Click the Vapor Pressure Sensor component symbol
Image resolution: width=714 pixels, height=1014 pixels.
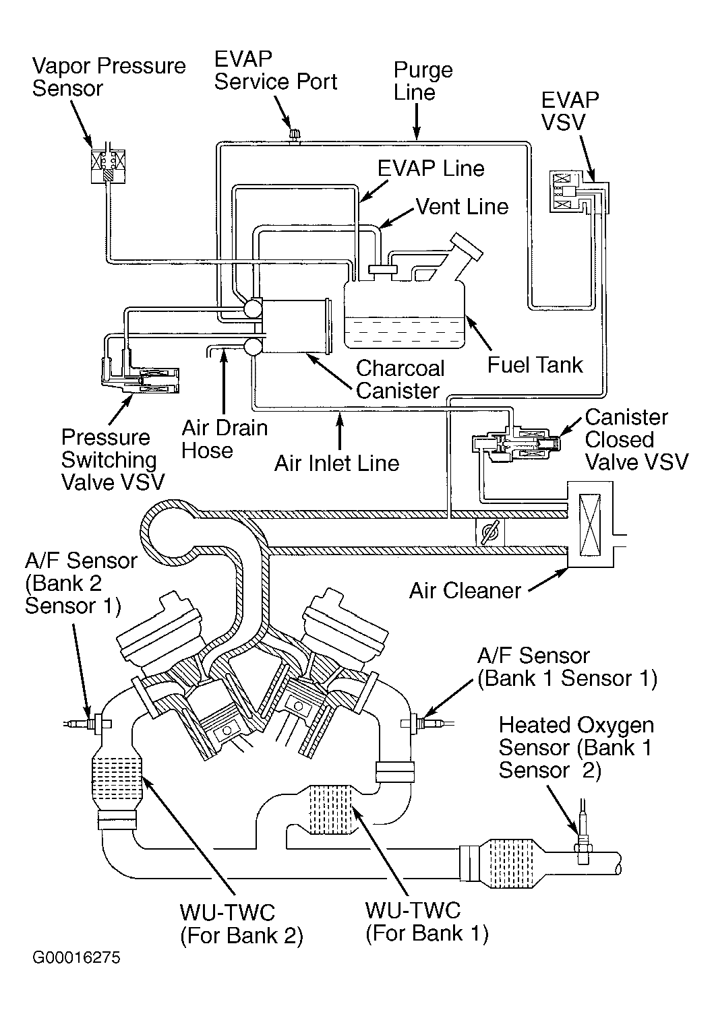(x=108, y=165)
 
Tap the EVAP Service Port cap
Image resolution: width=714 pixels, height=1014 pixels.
(x=295, y=135)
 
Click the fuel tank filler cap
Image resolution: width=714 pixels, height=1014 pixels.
(x=467, y=247)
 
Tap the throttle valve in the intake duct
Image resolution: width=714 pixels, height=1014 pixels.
(x=490, y=532)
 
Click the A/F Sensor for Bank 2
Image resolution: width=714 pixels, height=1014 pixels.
(x=88, y=724)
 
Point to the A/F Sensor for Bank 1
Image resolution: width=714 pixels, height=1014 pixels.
(x=427, y=724)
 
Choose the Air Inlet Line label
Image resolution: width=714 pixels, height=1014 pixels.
(x=336, y=463)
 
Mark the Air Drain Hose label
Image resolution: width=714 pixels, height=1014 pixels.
(x=225, y=439)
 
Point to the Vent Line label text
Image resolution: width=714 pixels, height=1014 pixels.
(x=462, y=206)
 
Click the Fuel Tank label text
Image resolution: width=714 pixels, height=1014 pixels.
(x=535, y=365)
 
